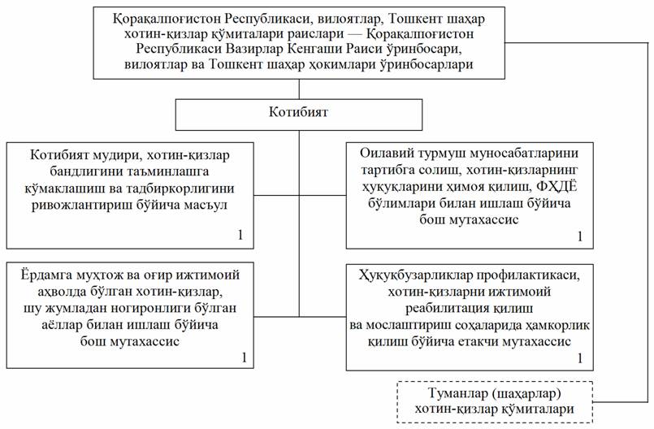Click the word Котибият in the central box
tap(299, 112)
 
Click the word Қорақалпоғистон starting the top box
tap(167, 19)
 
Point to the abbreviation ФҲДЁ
tap(557, 187)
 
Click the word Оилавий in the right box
tap(386, 153)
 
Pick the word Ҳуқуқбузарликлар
tap(416, 275)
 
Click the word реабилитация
tap(447, 309)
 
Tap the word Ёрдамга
tap(46, 275)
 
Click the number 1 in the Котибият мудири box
tap(240, 235)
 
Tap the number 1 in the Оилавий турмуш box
tap(580, 236)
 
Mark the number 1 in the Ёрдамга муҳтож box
tap(244, 357)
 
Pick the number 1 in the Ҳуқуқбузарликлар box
tap(580, 358)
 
